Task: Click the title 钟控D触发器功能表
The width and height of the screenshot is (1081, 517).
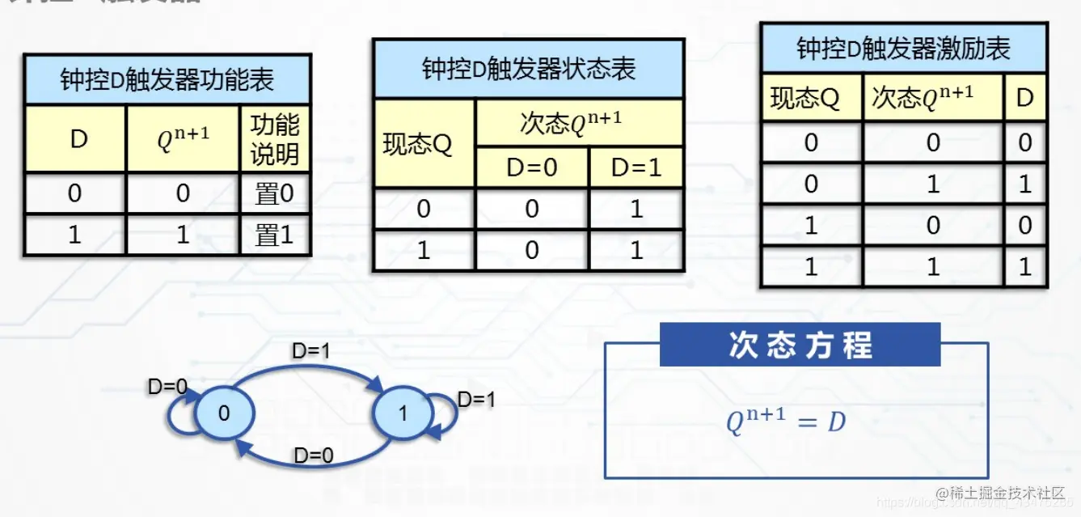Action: [x=167, y=79]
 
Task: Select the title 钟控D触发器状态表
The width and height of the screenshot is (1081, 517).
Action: [x=528, y=68]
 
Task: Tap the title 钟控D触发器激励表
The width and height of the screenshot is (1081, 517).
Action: [x=903, y=49]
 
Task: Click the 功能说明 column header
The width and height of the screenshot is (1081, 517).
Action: [x=275, y=139]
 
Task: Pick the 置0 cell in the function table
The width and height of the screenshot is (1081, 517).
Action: [x=275, y=193]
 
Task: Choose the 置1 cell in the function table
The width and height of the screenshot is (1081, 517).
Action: [x=275, y=235]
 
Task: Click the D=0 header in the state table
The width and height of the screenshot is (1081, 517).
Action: [x=531, y=167]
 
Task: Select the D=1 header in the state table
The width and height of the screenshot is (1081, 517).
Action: [x=636, y=167]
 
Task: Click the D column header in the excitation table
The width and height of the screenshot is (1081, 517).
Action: [x=1024, y=99]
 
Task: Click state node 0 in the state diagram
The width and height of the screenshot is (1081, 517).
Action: [x=224, y=413]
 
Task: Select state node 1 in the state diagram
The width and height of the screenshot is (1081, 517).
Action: [x=403, y=413]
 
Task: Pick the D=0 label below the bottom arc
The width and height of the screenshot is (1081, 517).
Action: [x=313, y=456]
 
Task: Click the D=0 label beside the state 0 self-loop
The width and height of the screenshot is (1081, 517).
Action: [x=167, y=387]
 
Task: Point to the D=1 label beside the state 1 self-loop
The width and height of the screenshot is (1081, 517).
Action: [x=477, y=399]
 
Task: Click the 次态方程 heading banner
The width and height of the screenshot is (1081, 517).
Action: [x=800, y=345]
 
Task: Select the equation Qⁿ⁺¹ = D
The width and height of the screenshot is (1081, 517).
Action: [x=785, y=422]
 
